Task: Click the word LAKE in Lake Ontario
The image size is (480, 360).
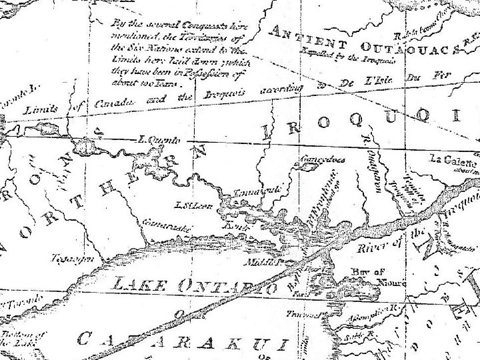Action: point(141,283)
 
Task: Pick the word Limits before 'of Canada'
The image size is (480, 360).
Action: point(44,108)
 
